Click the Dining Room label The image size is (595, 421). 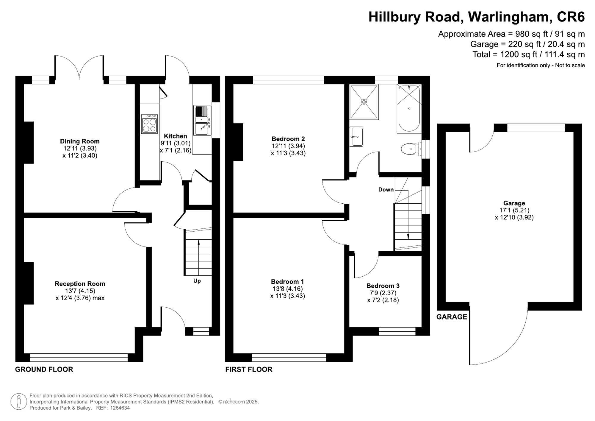point(79,141)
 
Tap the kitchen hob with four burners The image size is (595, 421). point(149,124)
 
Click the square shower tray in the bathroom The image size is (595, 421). point(364,102)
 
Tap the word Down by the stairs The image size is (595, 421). point(386,190)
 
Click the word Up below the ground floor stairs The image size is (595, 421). point(197,281)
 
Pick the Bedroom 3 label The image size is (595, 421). point(383,286)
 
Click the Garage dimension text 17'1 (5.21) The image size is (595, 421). point(514,210)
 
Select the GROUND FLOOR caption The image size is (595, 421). point(44,369)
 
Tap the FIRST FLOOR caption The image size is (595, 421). point(249,369)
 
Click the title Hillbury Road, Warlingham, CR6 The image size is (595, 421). point(476,17)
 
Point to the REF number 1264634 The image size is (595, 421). point(120,408)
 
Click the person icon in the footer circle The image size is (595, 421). point(19,402)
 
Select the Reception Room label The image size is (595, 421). point(80,284)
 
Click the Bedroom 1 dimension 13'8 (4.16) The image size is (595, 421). point(287,289)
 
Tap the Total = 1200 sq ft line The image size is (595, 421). point(528,54)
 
